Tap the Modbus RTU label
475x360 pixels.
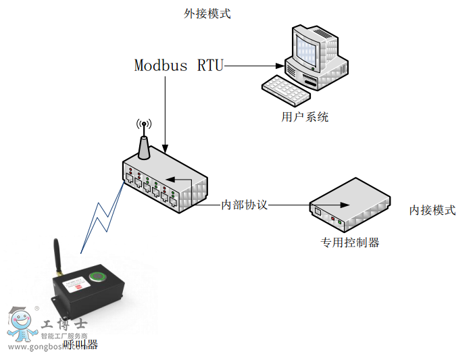click(x=178, y=66)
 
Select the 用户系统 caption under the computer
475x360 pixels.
click(x=305, y=117)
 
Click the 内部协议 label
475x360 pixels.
click(x=245, y=205)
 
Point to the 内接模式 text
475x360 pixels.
click(x=432, y=210)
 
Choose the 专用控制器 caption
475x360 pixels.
click(x=349, y=242)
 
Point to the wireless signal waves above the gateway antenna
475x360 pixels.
click(x=143, y=125)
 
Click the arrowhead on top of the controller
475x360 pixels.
click(x=345, y=205)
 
